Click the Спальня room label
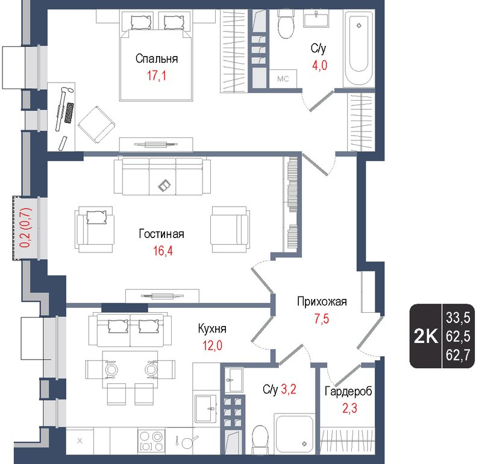[x=157, y=59]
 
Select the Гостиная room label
[x=161, y=234]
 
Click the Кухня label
[x=212, y=329]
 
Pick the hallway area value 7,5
[x=321, y=319]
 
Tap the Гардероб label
[x=348, y=392]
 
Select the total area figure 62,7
[x=457, y=356]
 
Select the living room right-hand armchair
[x=229, y=229]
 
